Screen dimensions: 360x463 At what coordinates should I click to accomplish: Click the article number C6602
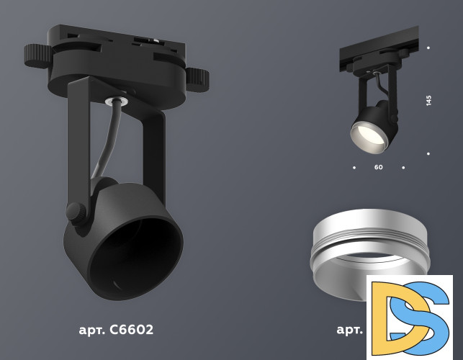[x=130, y=330]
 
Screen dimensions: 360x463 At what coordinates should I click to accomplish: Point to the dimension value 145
[x=428, y=100]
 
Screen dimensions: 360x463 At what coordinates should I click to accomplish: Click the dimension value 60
[x=379, y=167]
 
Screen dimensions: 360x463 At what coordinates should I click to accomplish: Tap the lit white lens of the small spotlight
[x=367, y=137]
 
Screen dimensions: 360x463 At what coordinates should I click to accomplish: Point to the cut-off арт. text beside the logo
[x=350, y=330]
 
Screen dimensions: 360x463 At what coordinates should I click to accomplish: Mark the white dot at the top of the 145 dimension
[x=428, y=48]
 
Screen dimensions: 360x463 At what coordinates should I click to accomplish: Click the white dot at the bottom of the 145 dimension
[x=428, y=153]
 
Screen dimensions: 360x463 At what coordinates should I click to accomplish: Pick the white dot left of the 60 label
[x=354, y=168]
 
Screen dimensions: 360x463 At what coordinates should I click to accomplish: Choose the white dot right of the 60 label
[x=403, y=168]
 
